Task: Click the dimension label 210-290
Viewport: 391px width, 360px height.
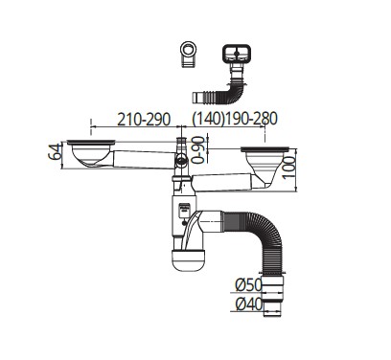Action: (144, 120)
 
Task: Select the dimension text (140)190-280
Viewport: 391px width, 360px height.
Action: (235, 119)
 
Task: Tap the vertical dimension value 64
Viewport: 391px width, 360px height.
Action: (55, 152)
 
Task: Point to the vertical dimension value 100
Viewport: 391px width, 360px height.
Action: (290, 168)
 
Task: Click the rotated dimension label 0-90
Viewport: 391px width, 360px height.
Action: (198, 149)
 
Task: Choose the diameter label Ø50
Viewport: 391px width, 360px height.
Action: (248, 284)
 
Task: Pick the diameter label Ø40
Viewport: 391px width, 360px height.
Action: (249, 304)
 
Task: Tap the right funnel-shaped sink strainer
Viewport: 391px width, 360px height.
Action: (265, 166)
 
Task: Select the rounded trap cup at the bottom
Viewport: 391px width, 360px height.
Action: (189, 260)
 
